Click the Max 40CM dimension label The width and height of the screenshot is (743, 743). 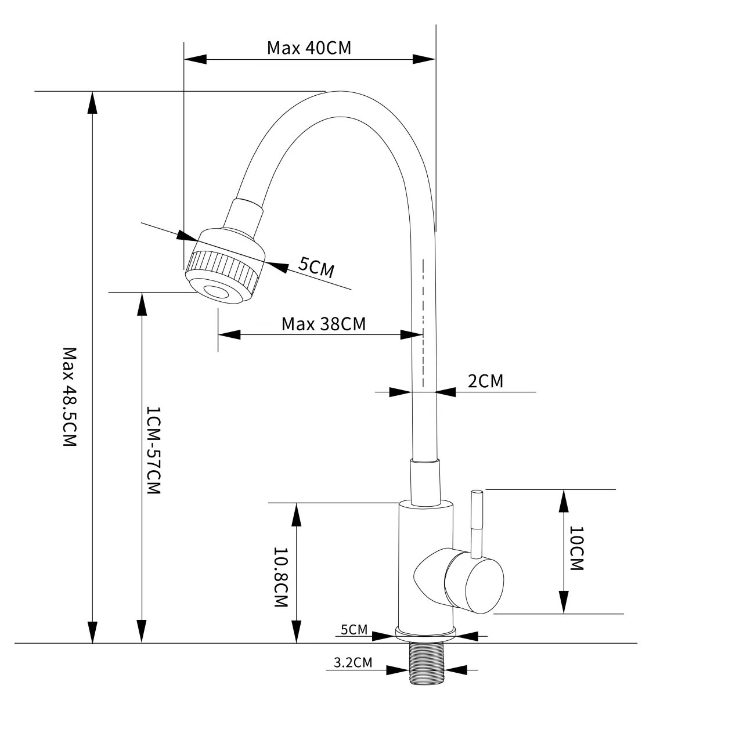click(309, 48)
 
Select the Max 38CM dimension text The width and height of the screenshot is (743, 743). click(323, 324)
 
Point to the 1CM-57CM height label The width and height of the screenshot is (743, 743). click(152, 450)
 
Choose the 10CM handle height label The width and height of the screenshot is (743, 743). click(576, 549)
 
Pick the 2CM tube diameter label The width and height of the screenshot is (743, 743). click(485, 381)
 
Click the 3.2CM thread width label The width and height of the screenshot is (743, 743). click(353, 662)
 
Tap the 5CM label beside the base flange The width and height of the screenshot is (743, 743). click(354, 630)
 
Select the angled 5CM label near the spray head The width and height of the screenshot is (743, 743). click(316, 267)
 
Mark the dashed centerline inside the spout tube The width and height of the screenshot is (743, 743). click(423, 322)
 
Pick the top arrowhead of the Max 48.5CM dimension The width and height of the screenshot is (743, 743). click(92, 102)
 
